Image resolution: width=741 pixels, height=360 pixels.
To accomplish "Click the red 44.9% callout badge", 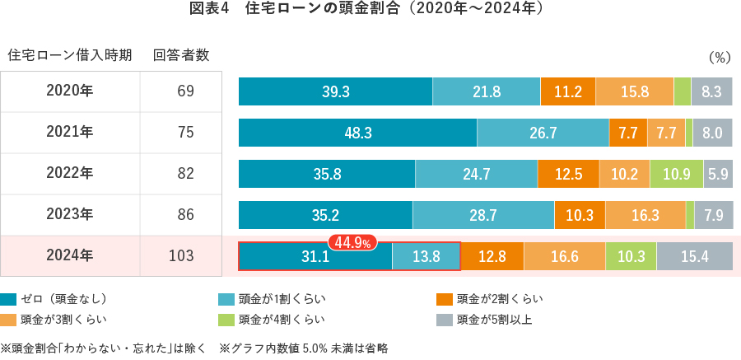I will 353,242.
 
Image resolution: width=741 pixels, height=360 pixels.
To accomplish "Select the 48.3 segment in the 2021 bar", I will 358,133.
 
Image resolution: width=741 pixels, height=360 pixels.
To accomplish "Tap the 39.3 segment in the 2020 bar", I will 335,91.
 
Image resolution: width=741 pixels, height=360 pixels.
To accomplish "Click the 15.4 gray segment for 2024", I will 694,256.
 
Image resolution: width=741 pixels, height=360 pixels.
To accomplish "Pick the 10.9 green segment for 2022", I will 675,174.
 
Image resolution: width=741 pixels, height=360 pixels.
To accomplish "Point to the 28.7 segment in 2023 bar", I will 483,215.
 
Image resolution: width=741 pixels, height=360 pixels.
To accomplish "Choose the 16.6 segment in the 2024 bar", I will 564,256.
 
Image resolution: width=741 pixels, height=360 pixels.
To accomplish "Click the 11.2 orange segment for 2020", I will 568,91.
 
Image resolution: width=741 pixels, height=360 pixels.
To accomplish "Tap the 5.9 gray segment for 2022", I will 717,174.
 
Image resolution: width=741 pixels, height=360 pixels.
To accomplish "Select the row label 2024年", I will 70,255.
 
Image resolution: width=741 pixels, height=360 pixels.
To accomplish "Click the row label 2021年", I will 70,132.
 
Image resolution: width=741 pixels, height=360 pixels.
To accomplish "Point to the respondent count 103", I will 180,255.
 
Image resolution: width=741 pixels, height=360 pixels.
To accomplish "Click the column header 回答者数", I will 181,55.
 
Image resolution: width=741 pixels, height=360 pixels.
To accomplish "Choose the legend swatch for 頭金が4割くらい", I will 226,319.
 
